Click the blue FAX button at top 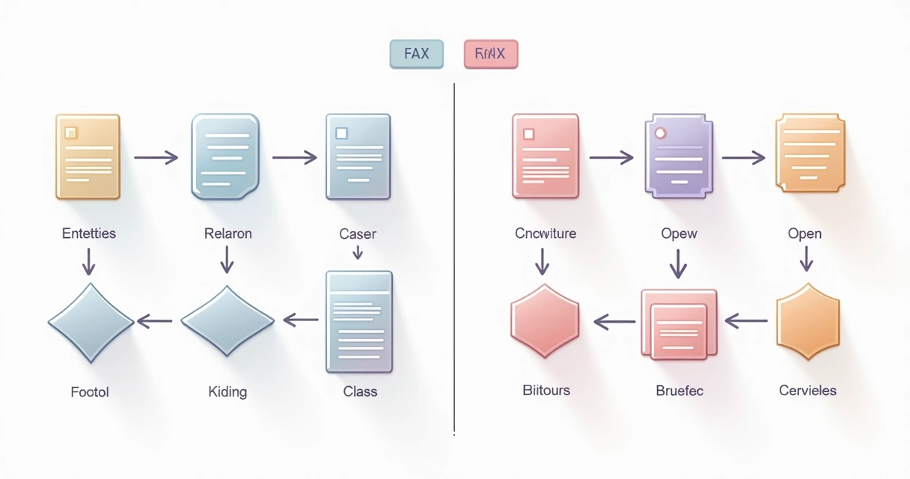point(416,54)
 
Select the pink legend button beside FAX point(490,54)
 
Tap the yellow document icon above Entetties point(88,156)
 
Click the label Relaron point(227,234)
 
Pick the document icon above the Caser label point(358,156)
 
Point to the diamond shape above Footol point(91,322)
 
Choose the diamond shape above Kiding point(227,322)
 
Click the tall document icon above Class point(358,322)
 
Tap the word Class point(360,391)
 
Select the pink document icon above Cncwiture point(545,156)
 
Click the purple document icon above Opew point(678,156)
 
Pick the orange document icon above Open point(810,153)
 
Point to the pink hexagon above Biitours point(545,322)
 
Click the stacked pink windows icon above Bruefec point(678,323)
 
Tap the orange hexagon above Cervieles point(807,322)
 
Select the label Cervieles point(807,391)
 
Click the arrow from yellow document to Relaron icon point(156,157)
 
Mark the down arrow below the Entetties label point(88,260)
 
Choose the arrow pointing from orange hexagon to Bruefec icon point(746,322)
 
